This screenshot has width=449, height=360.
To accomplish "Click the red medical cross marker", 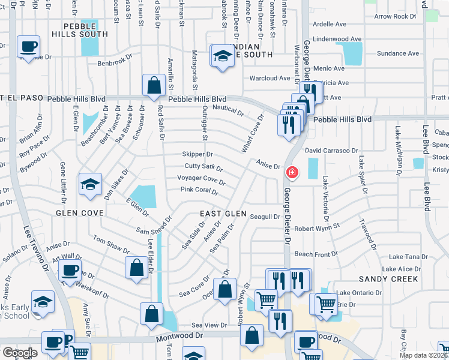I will click(292, 173).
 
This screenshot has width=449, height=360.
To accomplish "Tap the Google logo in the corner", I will click(19, 352).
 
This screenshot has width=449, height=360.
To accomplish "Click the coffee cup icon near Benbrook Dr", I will click(28, 46).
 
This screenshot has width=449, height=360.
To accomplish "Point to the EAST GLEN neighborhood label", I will click(223, 214).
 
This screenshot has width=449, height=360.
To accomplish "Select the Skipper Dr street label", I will click(197, 154).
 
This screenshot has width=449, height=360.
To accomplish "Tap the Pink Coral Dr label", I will click(199, 190).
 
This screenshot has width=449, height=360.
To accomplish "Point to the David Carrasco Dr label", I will click(331, 151).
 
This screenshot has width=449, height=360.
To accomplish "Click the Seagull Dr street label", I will click(265, 217).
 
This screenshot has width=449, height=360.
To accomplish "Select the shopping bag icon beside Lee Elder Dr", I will click(136, 268).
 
